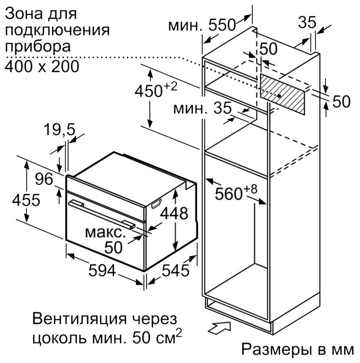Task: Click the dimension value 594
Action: click(102, 270)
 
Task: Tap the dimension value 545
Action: click(176, 270)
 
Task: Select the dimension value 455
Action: click(26, 200)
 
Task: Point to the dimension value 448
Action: click(174, 213)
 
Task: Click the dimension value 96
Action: click(44, 179)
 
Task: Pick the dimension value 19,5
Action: click(59, 129)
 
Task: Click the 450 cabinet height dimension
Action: click(156, 90)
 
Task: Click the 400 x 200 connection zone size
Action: click(42, 67)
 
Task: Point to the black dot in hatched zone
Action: click(280, 96)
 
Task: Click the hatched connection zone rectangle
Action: click(282, 94)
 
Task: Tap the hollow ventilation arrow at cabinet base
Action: click(219, 327)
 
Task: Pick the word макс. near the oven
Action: click(105, 233)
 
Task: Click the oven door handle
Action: click(102, 214)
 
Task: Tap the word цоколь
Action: click(60, 339)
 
